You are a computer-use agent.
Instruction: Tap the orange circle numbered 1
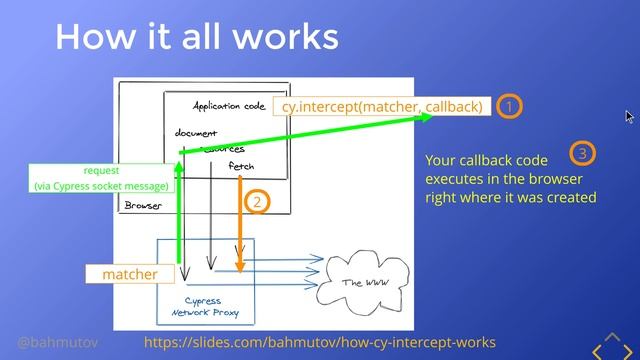[510, 106]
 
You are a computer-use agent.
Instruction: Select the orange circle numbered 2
[257, 202]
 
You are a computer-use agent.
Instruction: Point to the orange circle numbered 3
[582, 153]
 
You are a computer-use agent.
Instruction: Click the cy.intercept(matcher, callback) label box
[382, 106]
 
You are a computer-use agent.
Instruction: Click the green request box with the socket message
[102, 178]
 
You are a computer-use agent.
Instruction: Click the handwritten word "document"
[196, 133]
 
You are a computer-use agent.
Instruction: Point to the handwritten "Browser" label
[143, 206]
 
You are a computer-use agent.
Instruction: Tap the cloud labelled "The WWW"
[364, 283]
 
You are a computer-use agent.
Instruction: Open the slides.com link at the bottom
[320, 342]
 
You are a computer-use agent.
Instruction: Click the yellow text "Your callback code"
[486, 160]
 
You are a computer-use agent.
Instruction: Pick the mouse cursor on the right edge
[629, 117]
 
